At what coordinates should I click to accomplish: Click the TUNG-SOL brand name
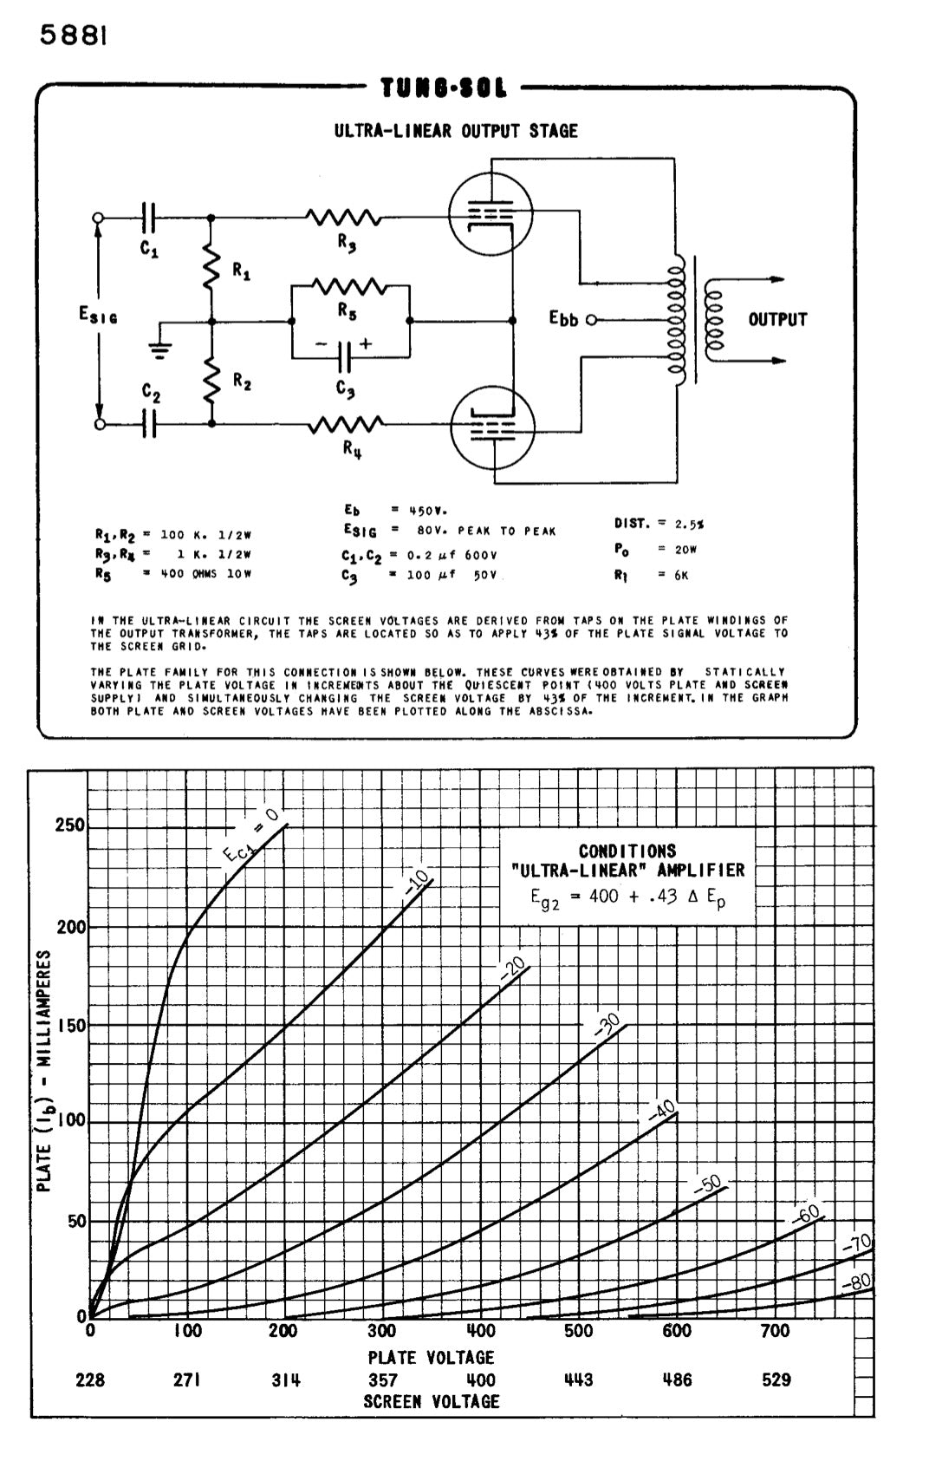[444, 88]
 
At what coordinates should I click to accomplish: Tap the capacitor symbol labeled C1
[149, 216]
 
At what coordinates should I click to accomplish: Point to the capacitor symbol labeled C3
[346, 355]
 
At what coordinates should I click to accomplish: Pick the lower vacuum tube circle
[492, 427]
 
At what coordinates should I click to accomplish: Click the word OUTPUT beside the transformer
[777, 320]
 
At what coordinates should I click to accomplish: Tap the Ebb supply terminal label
[563, 319]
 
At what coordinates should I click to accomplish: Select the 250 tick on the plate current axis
[70, 825]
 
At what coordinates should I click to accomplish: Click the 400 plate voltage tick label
[481, 1331]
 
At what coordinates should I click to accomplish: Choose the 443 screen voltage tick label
[578, 1379]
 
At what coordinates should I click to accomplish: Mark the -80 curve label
[857, 1282]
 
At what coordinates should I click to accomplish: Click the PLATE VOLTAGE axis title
[431, 1357]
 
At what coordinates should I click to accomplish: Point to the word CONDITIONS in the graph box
[627, 851]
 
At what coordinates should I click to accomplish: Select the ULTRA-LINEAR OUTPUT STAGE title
[456, 131]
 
